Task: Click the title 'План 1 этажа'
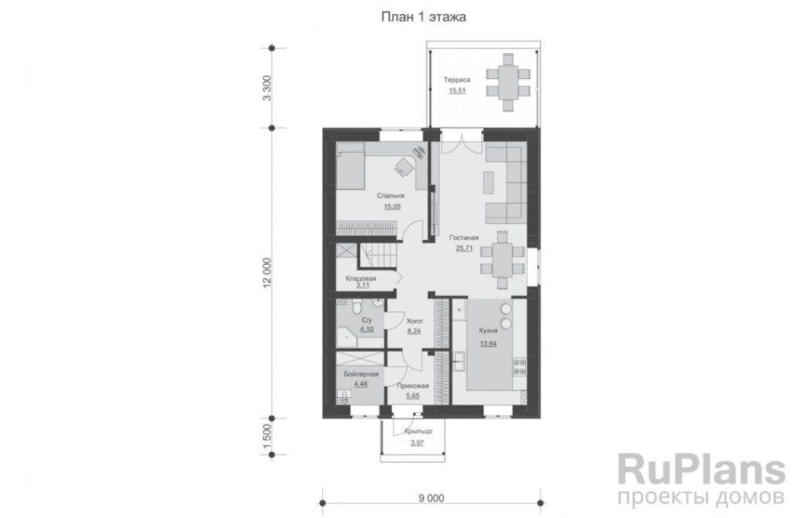(x=423, y=17)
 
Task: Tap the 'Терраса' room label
(x=457, y=80)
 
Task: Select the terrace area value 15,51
(x=457, y=91)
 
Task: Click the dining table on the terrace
(x=508, y=82)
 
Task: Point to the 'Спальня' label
(x=391, y=196)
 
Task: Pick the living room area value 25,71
(x=464, y=248)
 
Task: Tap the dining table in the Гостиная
(x=503, y=260)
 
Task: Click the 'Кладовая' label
(x=361, y=278)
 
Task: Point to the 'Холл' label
(x=414, y=321)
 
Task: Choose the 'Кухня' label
(x=488, y=331)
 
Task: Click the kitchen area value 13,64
(x=488, y=343)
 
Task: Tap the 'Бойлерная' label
(x=361, y=374)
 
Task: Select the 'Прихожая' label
(x=412, y=386)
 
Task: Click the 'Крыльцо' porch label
(x=418, y=431)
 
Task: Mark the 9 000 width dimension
(x=431, y=498)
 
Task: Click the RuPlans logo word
(x=701, y=469)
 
